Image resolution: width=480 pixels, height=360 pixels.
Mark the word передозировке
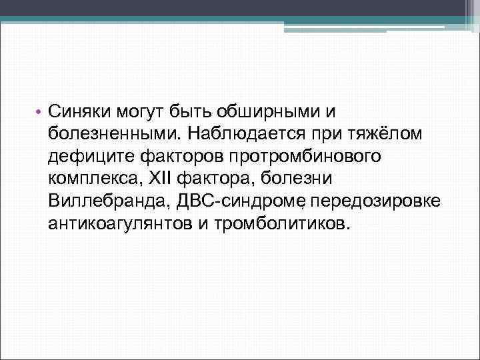tap(375, 202)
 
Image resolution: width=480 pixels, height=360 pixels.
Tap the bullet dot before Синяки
tap(39, 111)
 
